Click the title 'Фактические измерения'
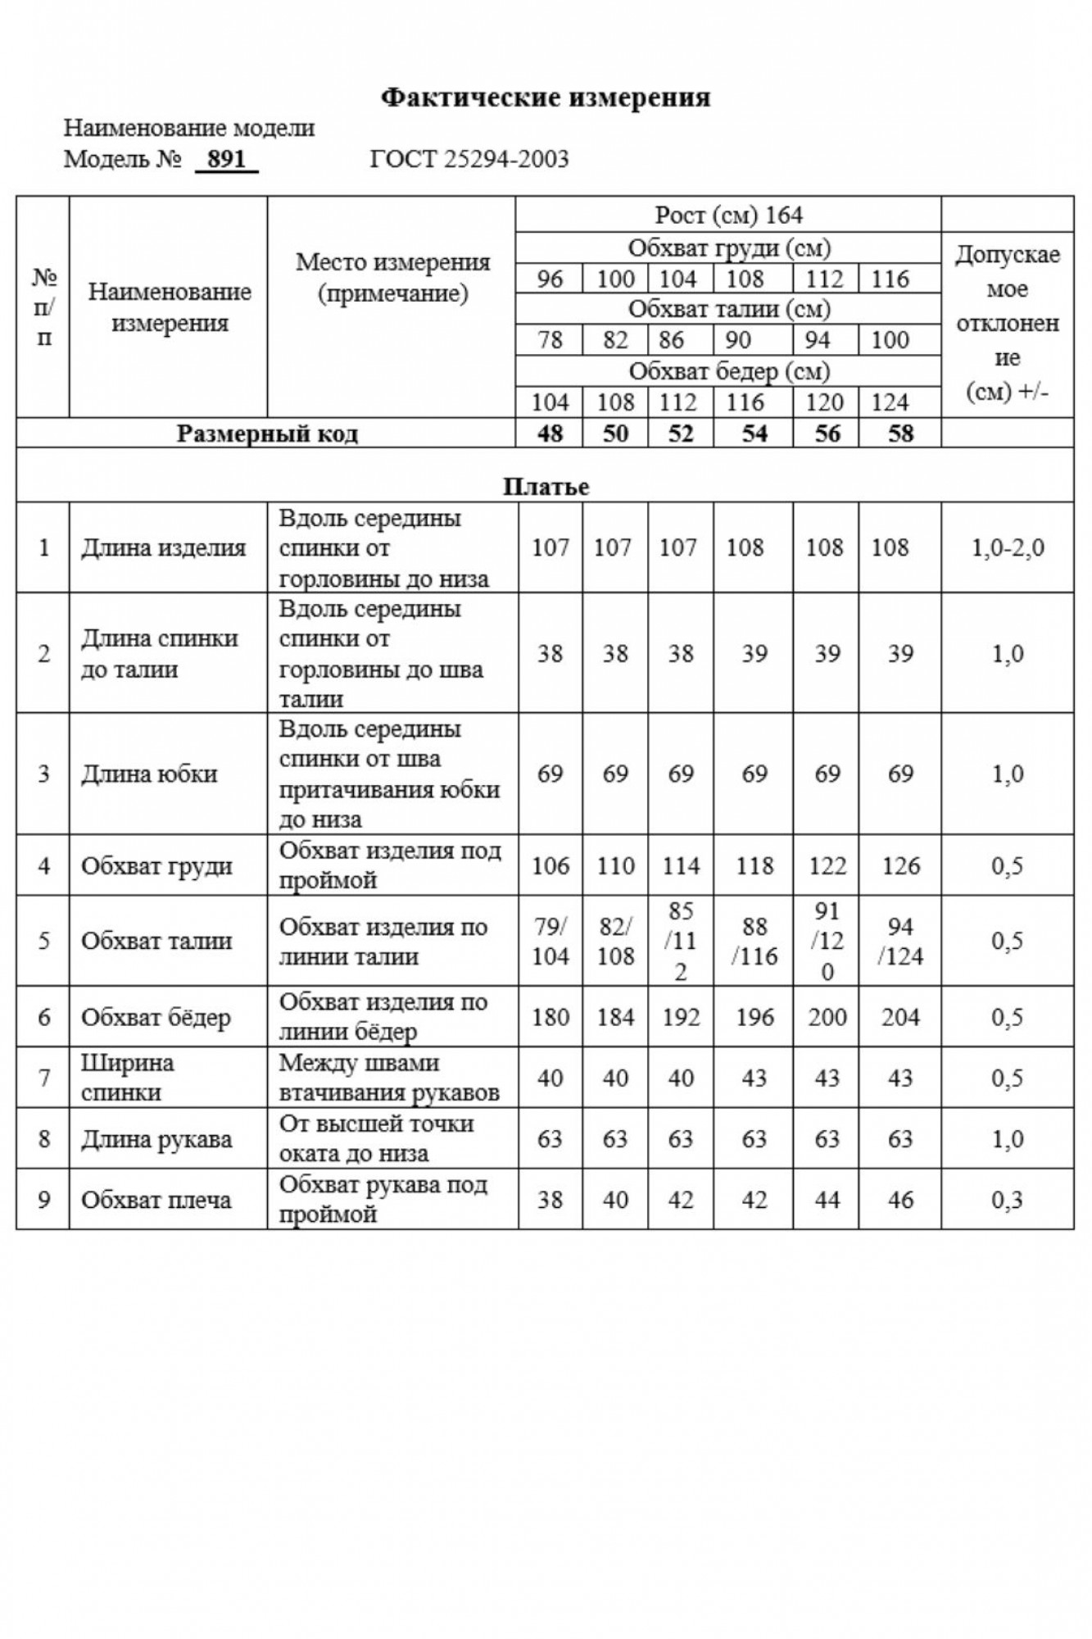point(546,98)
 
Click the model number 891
point(227,158)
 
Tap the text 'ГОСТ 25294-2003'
point(469,158)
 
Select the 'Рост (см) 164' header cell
point(728,216)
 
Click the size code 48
point(550,434)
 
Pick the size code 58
point(899,434)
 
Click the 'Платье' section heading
point(546,487)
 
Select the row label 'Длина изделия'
point(163,547)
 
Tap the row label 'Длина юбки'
point(149,774)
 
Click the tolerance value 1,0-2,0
point(1007,547)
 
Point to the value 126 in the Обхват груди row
point(900,865)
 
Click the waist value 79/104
point(550,941)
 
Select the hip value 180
point(550,1017)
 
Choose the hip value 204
point(900,1017)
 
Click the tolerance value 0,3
point(1007,1200)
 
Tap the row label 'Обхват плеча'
point(156,1200)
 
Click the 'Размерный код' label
point(267,434)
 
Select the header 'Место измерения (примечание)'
point(392,278)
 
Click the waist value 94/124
point(900,941)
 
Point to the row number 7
point(43,1078)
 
